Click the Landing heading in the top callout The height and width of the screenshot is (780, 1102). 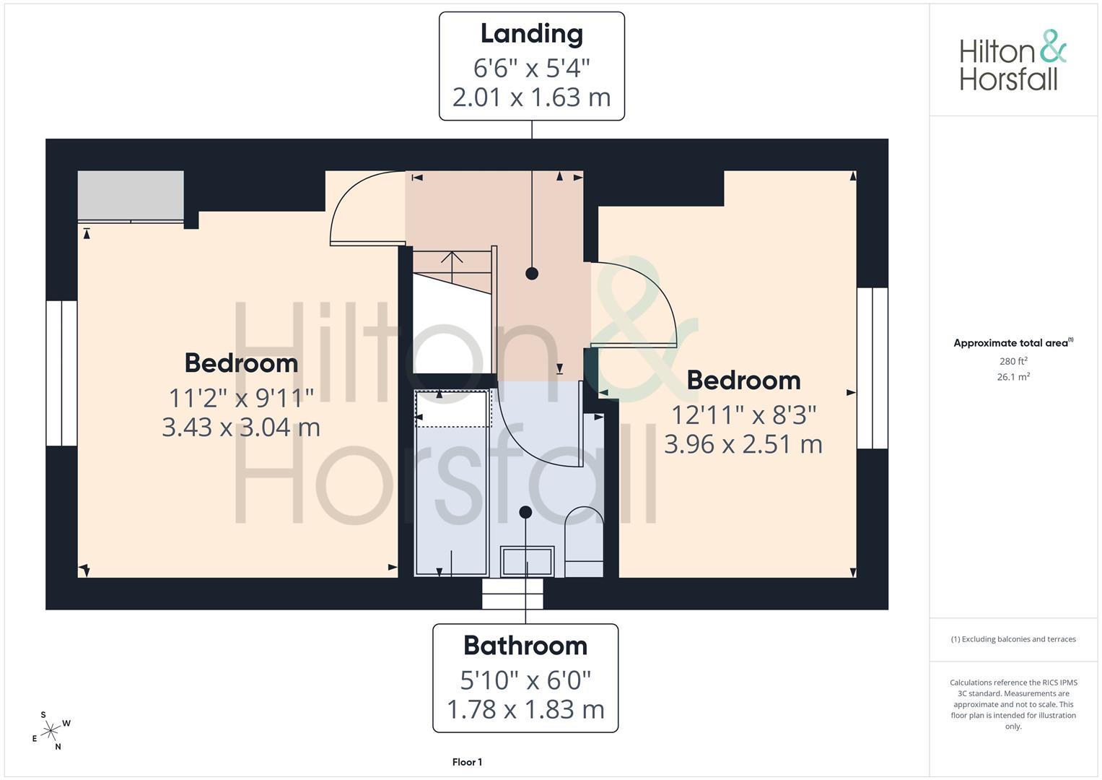pyautogui.click(x=531, y=35)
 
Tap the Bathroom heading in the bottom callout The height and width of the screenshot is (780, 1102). pyautogui.click(x=525, y=646)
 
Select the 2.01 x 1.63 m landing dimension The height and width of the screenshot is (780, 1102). pyautogui.click(x=531, y=97)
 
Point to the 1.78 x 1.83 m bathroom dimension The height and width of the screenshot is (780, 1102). pyautogui.click(x=525, y=709)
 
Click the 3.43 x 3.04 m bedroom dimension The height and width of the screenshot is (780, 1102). pyautogui.click(x=241, y=428)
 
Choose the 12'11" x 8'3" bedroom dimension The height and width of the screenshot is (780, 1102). pyautogui.click(x=744, y=415)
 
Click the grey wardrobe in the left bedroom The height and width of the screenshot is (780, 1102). pyautogui.click(x=131, y=195)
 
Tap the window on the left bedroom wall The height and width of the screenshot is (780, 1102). pyautogui.click(x=61, y=373)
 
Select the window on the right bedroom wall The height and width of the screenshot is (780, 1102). pyautogui.click(x=873, y=368)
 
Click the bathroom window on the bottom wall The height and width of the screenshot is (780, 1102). pyautogui.click(x=512, y=594)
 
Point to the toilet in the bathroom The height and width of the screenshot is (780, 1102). pyautogui.click(x=584, y=542)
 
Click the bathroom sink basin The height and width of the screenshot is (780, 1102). pyautogui.click(x=527, y=561)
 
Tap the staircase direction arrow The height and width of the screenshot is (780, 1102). pyautogui.click(x=452, y=266)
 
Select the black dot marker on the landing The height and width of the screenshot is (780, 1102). pyautogui.click(x=532, y=273)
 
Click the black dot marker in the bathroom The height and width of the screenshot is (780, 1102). pyautogui.click(x=525, y=512)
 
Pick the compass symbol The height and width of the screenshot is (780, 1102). pyautogui.click(x=51, y=732)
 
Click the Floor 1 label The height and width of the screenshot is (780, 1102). pyautogui.click(x=467, y=762)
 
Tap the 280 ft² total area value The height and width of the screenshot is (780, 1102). pyautogui.click(x=1013, y=361)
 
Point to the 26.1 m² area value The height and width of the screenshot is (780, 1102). pyautogui.click(x=1013, y=377)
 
